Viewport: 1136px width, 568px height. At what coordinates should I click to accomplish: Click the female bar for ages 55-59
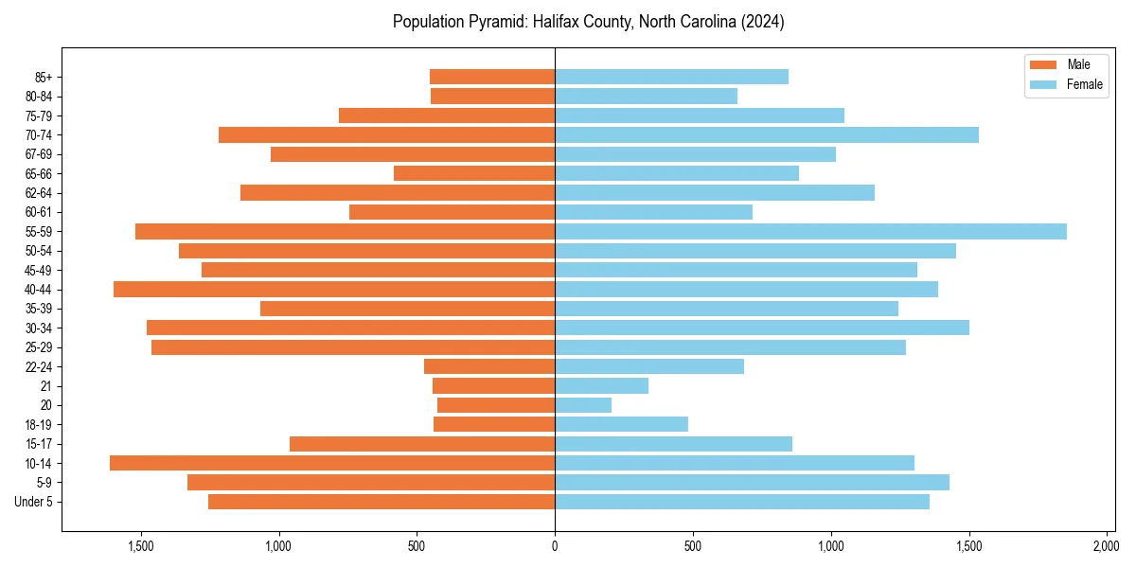point(810,232)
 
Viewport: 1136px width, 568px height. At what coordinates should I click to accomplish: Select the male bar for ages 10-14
point(332,463)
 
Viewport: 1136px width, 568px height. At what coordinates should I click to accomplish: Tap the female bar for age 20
point(583,405)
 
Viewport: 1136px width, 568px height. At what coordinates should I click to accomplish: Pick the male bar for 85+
point(492,77)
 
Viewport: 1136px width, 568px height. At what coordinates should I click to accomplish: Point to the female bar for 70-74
point(767,135)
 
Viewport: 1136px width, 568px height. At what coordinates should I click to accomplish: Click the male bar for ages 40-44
point(334,290)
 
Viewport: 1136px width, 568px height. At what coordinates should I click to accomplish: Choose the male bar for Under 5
point(382,502)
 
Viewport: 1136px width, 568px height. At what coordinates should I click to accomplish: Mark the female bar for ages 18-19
point(621,424)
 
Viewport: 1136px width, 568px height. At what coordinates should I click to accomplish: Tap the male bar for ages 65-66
point(474,173)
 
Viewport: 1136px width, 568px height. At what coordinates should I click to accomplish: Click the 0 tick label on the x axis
point(555,547)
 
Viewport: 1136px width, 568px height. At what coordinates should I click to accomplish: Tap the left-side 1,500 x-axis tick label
point(141,547)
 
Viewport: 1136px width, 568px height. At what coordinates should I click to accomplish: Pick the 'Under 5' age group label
point(34,502)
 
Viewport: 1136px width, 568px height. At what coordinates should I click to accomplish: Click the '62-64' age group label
point(38,193)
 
